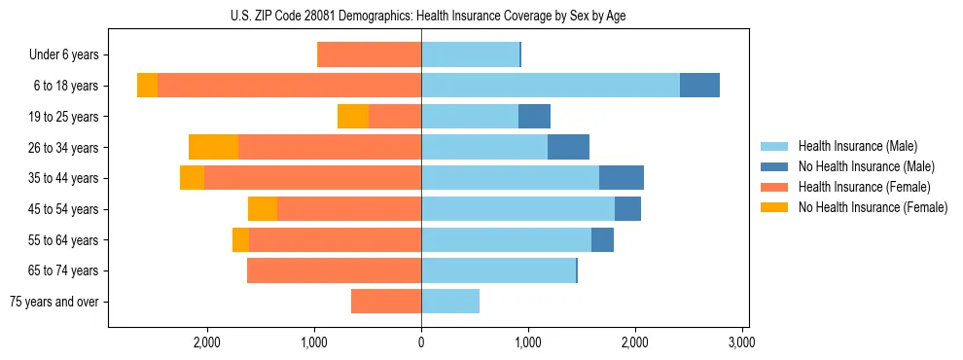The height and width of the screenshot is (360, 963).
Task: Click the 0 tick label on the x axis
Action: [421, 342]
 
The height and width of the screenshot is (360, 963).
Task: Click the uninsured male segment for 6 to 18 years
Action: [699, 86]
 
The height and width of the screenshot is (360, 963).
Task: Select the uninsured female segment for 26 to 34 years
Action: [213, 147]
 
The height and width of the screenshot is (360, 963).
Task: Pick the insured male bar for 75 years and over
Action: [450, 302]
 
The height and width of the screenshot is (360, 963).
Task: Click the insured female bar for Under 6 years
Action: [370, 54]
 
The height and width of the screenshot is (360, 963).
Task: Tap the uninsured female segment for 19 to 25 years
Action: [353, 117]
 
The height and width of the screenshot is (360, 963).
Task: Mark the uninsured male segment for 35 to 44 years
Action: [622, 178]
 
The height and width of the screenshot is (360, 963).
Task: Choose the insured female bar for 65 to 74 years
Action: [334, 270]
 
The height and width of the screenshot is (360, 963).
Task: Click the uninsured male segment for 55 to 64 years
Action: [602, 239]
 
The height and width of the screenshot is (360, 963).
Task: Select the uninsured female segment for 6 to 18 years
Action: [147, 86]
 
